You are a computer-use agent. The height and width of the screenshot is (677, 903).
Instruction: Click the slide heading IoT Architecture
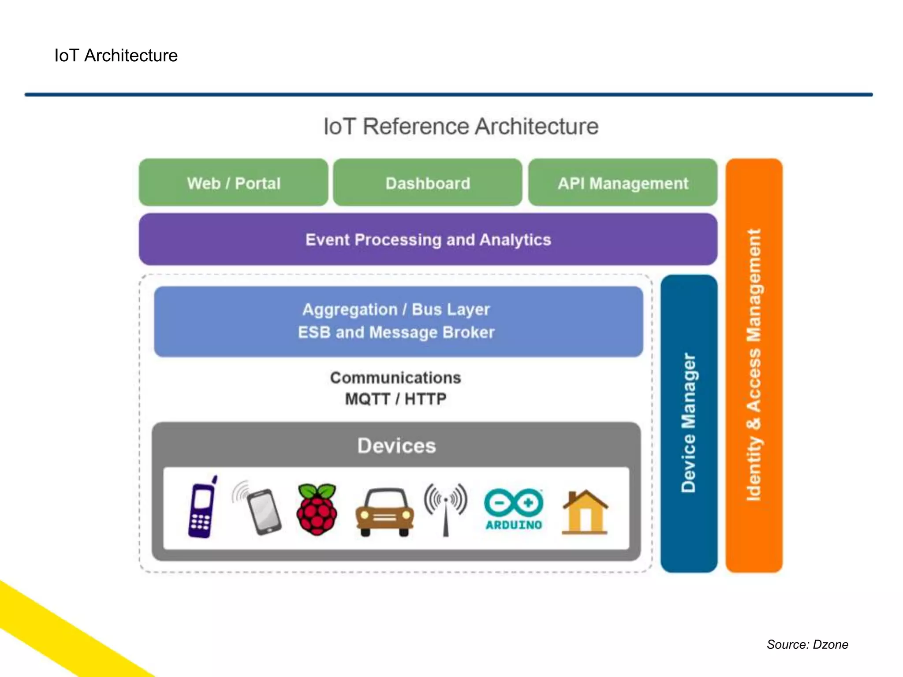pyautogui.click(x=116, y=56)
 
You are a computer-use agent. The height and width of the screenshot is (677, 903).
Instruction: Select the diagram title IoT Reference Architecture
pyautogui.click(x=461, y=126)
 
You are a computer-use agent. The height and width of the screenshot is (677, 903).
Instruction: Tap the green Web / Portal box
pyautogui.click(x=233, y=183)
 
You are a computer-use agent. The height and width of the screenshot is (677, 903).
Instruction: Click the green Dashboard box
pyautogui.click(x=428, y=183)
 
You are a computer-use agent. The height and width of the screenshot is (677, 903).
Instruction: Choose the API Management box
pyautogui.click(x=623, y=183)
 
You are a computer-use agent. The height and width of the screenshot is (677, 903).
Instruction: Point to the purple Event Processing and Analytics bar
pyautogui.click(x=428, y=240)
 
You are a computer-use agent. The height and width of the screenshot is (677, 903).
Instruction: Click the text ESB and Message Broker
pyautogui.click(x=396, y=332)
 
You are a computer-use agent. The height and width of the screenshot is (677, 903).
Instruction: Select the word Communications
pyautogui.click(x=396, y=378)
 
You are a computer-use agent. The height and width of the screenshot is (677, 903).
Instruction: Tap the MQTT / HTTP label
pyautogui.click(x=396, y=399)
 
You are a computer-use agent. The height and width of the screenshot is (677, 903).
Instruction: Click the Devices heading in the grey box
pyautogui.click(x=396, y=446)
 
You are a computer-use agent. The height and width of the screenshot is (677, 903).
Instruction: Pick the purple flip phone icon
pyautogui.click(x=202, y=508)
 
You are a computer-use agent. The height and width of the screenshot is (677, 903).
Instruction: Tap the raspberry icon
pyautogui.click(x=317, y=509)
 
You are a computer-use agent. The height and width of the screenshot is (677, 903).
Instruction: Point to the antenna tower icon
pyautogui.click(x=446, y=508)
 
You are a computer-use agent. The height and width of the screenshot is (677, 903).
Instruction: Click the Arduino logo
pyautogui.click(x=514, y=509)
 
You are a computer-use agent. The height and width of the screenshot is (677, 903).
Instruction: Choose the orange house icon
pyautogui.click(x=585, y=512)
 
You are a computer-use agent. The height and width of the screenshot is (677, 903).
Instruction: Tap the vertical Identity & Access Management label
pyautogui.click(x=754, y=365)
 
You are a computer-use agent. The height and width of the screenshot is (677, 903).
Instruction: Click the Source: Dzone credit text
pyautogui.click(x=807, y=644)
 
